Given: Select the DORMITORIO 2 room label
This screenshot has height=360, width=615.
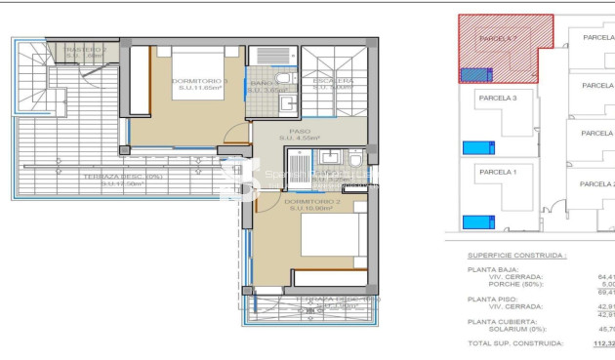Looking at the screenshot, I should pos(308,203).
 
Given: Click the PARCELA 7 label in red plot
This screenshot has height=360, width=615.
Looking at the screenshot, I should pos(499,38).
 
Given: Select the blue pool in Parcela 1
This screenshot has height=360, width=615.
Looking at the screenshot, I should pos(475,220).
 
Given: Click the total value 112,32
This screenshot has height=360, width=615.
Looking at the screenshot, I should pos(605,343).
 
